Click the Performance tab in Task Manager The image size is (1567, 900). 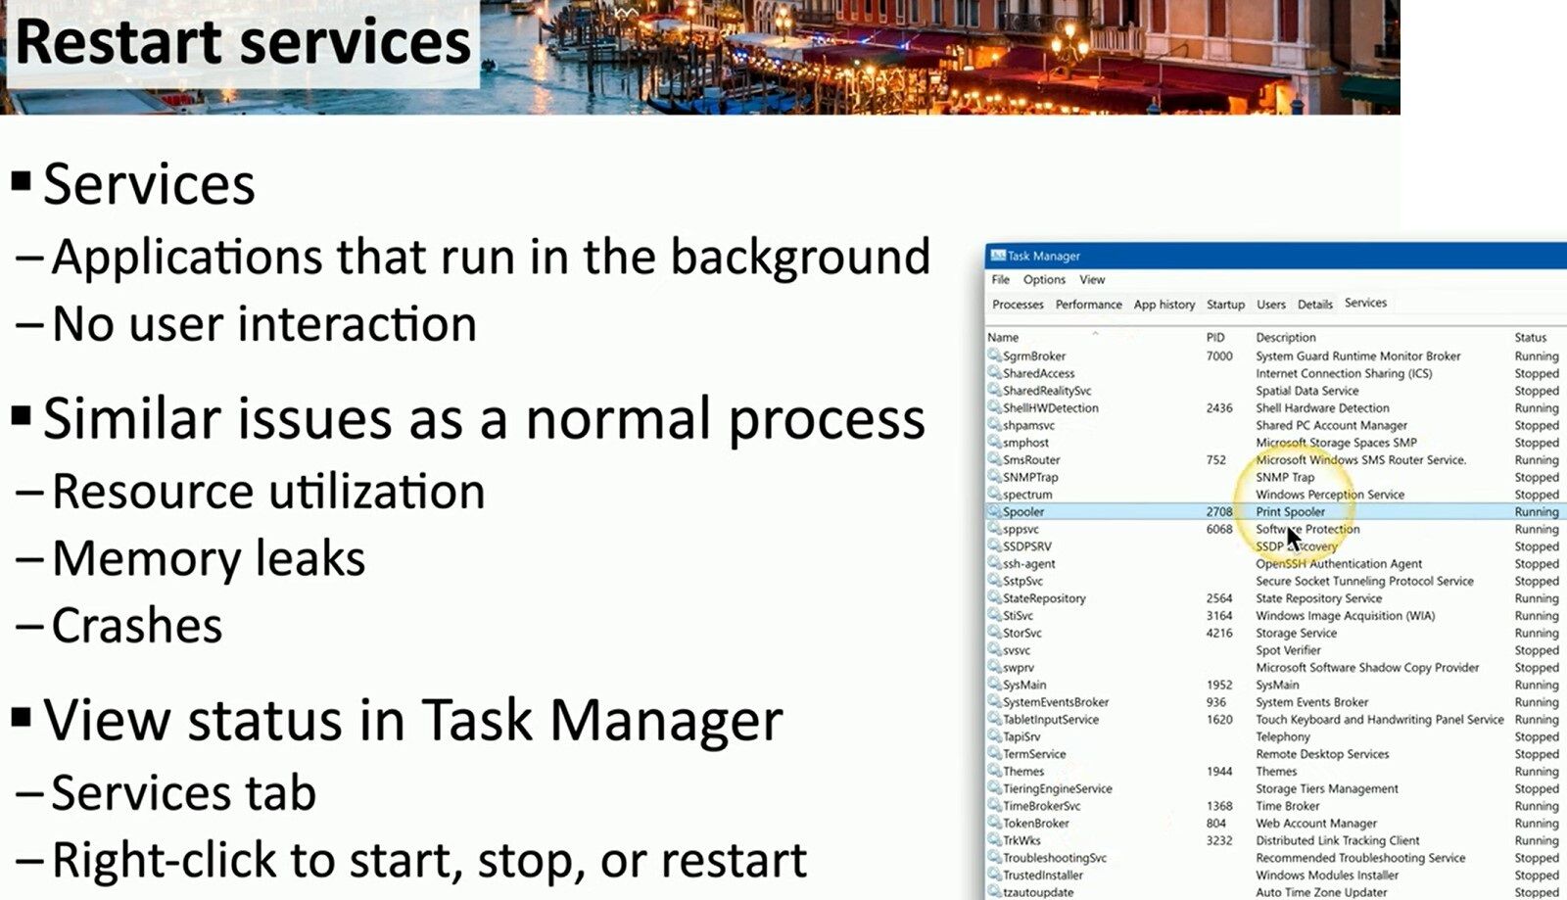tap(1088, 305)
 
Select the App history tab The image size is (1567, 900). tap(1164, 305)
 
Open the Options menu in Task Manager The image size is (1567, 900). tap(1044, 280)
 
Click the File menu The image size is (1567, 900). tap(1000, 280)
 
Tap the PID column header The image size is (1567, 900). tap(1215, 337)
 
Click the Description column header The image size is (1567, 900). tap(1286, 337)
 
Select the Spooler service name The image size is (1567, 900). tap(1023, 512)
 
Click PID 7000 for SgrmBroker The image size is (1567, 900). tap(1219, 355)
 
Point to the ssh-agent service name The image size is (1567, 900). tap(1029, 564)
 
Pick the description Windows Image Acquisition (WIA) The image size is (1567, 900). tap(1346, 615)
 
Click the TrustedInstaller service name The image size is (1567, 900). tap(1042, 875)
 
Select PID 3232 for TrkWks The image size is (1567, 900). tap(1219, 840)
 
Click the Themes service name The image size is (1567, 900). tap(1023, 772)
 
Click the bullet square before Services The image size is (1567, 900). tap(21, 181)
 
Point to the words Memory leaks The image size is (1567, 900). tap(209, 558)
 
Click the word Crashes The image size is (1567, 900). tap(137, 625)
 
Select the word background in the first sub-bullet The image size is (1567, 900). tap(800, 258)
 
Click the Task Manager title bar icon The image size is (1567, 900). tap(998, 256)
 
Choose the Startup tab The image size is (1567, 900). tap(1225, 305)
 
